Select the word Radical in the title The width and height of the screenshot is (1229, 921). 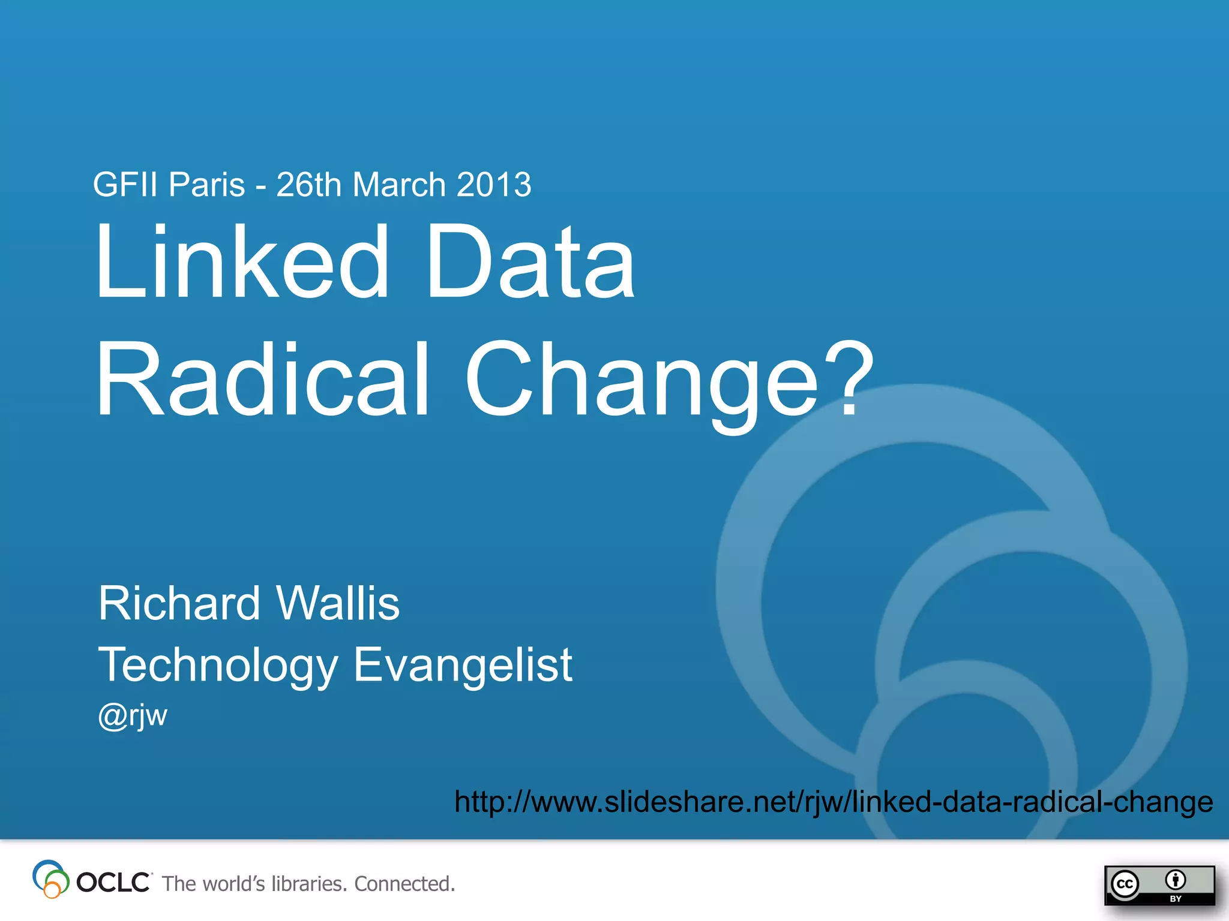[263, 379]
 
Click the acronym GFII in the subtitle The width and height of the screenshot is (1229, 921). [127, 185]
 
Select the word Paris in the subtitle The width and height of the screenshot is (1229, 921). [206, 185]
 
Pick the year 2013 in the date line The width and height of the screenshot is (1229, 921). [494, 185]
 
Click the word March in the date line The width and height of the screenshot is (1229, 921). [399, 185]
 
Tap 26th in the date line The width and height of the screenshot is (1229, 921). [308, 185]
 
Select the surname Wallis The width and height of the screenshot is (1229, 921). [338, 603]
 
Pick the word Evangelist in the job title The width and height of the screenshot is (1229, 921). [463, 666]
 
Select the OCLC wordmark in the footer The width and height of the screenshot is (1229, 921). [113, 883]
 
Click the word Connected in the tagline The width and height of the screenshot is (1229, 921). [404, 884]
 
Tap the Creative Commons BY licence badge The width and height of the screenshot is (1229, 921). [1159, 885]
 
